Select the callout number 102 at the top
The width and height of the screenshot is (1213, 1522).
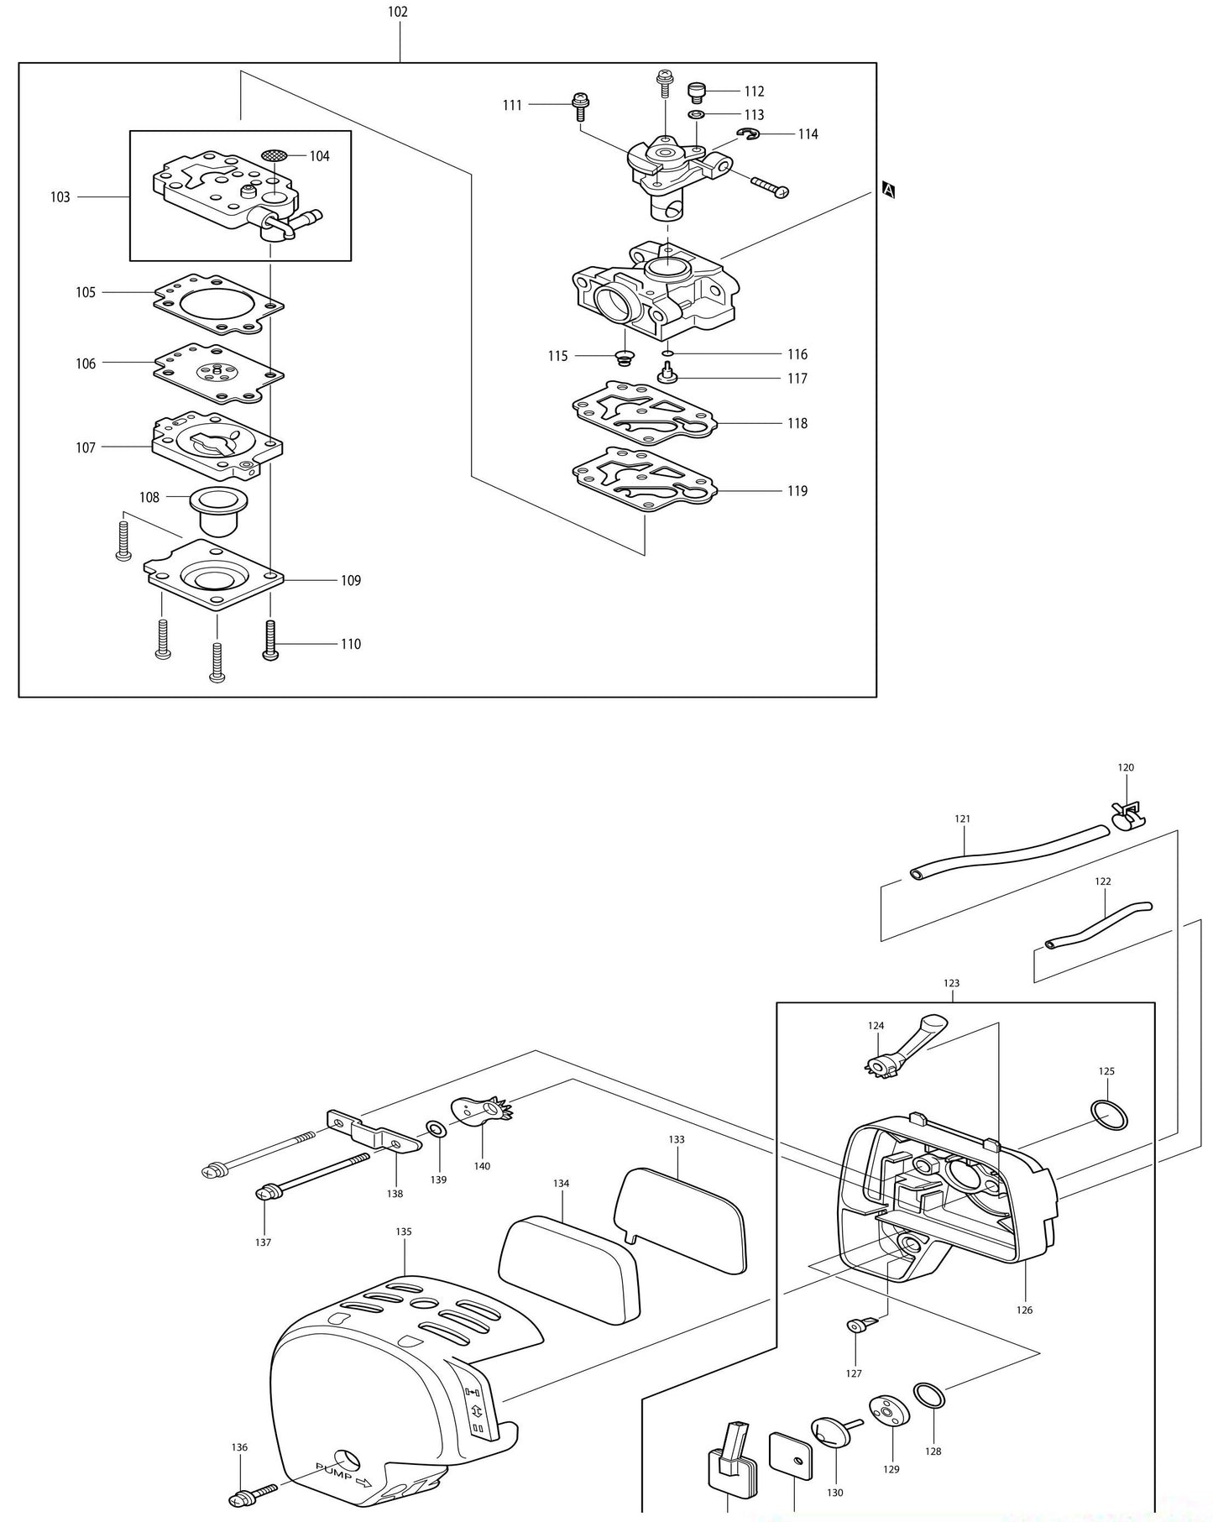(398, 12)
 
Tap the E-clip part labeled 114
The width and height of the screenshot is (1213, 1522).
(750, 134)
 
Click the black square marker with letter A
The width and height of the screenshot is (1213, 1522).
(890, 191)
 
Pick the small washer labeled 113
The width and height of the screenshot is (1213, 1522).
(696, 114)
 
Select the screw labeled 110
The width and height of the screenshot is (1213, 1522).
(270, 642)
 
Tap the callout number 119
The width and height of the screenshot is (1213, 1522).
(797, 491)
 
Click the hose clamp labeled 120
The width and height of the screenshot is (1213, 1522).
(1127, 812)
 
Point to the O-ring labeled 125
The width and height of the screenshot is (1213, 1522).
(1110, 1113)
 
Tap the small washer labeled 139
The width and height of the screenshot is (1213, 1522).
(437, 1127)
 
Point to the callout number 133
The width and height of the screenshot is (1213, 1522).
(677, 1139)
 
